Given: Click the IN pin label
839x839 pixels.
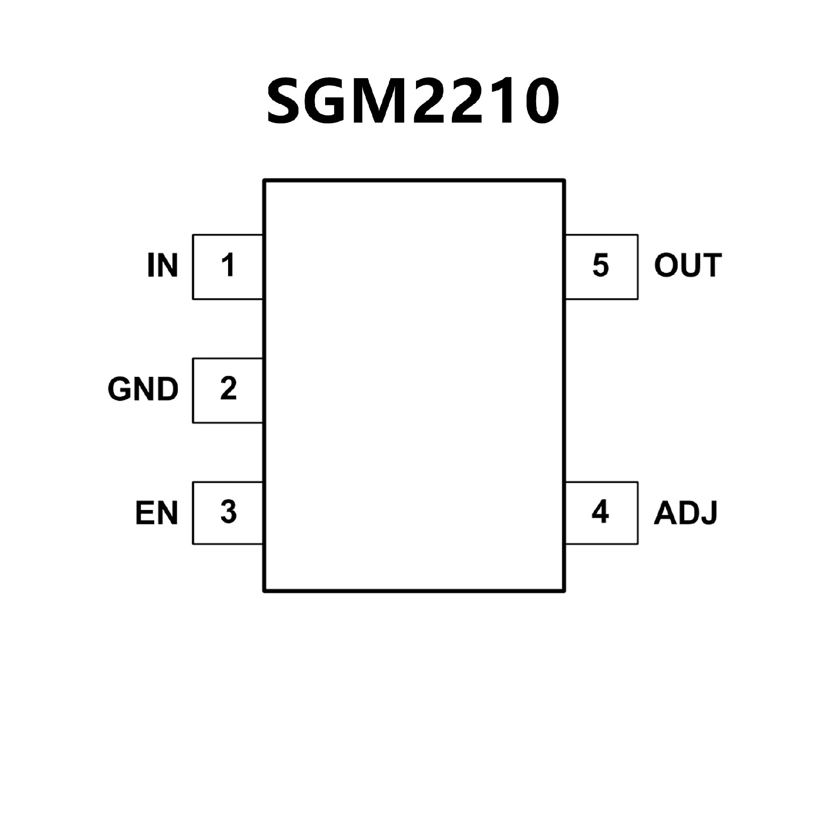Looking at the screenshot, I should pyautogui.click(x=163, y=265).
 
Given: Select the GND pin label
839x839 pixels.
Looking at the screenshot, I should pyautogui.click(x=143, y=389).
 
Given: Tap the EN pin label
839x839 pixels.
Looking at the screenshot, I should pyautogui.click(x=156, y=513).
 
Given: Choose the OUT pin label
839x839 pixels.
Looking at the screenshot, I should pyautogui.click(x=687, y=265).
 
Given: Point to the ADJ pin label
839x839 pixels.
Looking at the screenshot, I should pyautogui.click(x=685, y=513).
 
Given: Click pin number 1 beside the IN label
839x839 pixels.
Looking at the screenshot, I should pyautogui.click(x=228, y=265).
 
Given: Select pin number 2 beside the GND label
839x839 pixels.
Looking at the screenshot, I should pyautogui.click(x=228, y=388).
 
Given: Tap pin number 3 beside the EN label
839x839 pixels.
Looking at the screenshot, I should pyautogui.click(x=228, y=512).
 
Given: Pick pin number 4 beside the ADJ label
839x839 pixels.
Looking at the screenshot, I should pyautogui.click(x=600, y=512).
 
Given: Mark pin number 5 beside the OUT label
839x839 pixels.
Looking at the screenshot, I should pyautogui.click(x=600, y=265).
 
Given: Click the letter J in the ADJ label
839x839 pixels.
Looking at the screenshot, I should pyautogui.click(x=710, y=514).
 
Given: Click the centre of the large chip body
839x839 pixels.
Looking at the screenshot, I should pyautogui.click(x=414, y=385).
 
